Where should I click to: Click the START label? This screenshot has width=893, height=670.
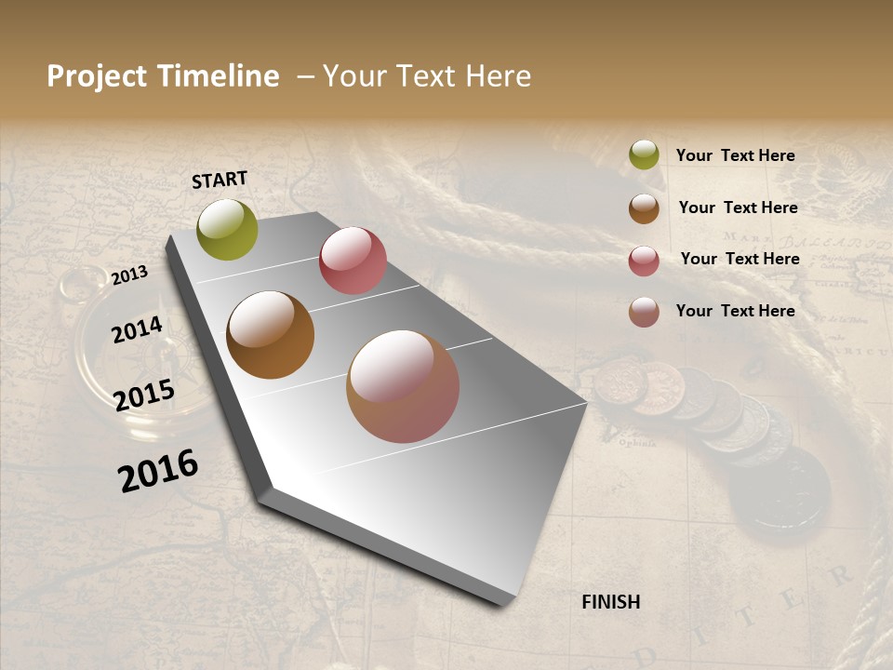click(x=220, y=180)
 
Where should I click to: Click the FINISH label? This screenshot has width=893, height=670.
click(x=610, y=602)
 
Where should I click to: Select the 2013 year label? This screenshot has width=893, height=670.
click(x=130, y=275)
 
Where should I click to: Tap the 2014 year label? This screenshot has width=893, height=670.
click(x=138, y=329)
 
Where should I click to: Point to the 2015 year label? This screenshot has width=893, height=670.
click(x=144, y=395)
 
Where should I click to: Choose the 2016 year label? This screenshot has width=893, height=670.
click(x=158, y=470)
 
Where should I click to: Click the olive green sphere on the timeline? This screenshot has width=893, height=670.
click(x=227, y=229)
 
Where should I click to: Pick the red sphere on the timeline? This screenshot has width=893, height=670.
click(x=353, y=261)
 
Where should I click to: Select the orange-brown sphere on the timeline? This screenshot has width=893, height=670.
click(x=270, y=335)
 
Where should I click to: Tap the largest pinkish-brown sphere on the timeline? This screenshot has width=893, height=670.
click(x=403, y=386)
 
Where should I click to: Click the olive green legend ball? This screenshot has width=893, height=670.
click(x=644, y=155)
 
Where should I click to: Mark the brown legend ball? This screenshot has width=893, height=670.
click(x=644, y=208)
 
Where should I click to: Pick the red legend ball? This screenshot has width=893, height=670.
click(x=644, y=261)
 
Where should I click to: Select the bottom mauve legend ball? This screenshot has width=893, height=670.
click(x=644, y=312)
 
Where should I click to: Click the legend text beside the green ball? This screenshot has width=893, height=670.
click(x=735, y=155)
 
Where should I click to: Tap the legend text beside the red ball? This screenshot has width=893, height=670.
click(x=740, y=259)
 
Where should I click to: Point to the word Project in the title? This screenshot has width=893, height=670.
click(x=97, y=76)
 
